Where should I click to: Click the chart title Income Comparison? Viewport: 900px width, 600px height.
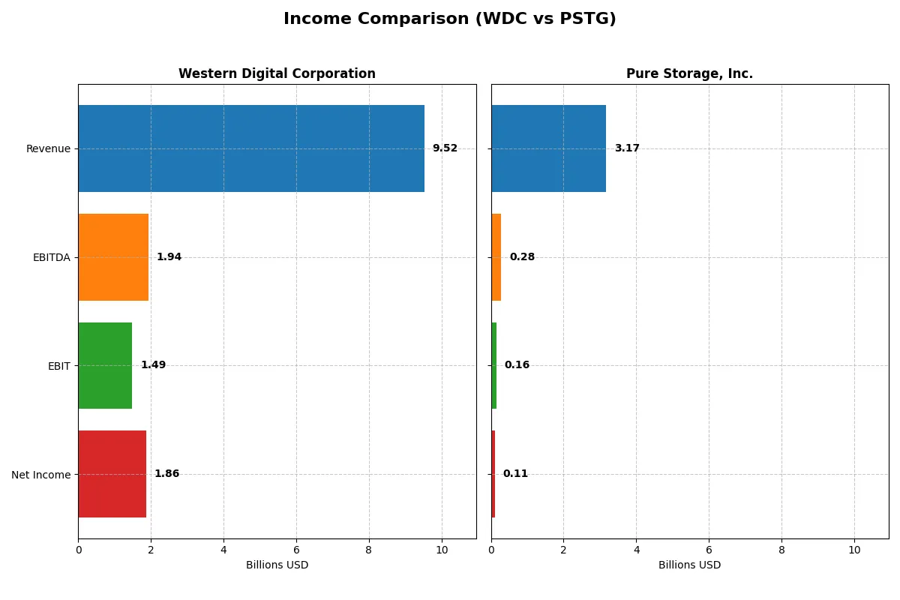[449, 19]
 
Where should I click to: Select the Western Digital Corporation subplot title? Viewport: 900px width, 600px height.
[277, 74]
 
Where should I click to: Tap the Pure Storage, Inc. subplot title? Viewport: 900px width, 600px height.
[689, 74]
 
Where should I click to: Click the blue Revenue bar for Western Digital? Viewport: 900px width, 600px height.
[251, 148]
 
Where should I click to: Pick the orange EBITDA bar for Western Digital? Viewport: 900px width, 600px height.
[113, 257]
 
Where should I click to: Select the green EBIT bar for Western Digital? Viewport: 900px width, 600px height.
[105, 365]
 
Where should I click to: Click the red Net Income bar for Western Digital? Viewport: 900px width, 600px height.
[112, 474]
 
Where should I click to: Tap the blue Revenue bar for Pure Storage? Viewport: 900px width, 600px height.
[548, 148]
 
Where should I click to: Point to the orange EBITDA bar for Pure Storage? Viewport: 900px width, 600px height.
[496, 257]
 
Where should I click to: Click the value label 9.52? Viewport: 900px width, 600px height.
[445, 148]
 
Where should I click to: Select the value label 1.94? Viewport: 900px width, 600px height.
[169, 257]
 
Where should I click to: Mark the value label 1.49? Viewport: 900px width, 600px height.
[153, 365]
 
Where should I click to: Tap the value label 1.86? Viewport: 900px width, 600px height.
[166, 474]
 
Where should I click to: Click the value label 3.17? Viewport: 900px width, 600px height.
[627, 148]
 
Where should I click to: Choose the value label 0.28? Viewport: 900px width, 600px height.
[522, 257]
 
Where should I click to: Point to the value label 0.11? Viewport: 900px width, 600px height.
[515, 474]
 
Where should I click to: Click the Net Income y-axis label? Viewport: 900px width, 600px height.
[40, 475]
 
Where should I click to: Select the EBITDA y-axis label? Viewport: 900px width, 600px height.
[51, 258]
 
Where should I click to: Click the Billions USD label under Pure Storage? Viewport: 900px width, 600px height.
[689, 565]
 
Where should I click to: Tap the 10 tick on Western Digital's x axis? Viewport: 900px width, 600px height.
[442, 550]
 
